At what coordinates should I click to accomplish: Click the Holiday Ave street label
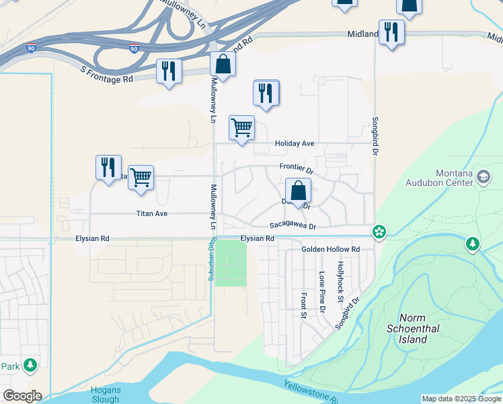pyautogui.click(x=294, y=143)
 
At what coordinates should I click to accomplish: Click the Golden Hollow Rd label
pyautogui.click(x=330, y=249)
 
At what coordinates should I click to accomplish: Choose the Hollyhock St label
pyautogui.click(x=341, y=281)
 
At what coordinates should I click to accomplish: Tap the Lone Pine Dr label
pyautogui.click(x=322, y=292)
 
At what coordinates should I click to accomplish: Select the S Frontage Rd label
pyautogui.click(x=106, y=74)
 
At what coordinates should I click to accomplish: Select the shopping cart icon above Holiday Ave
pyautogui.click(x=241, y=127)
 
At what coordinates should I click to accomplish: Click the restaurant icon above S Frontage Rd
pyautogui.click(x=169, y=71)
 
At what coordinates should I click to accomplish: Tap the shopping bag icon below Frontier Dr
pyautogui.click(x=298, y=190)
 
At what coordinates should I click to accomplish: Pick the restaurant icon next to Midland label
pyautogui.click(x=391, y=32)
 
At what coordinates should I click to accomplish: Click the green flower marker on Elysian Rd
pyautogui.click(x=380, y=232)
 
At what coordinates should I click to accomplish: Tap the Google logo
pyautogui.click(x=22, y=396)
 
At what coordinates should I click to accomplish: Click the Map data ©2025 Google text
pyautogui.click(x=461, y=399)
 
